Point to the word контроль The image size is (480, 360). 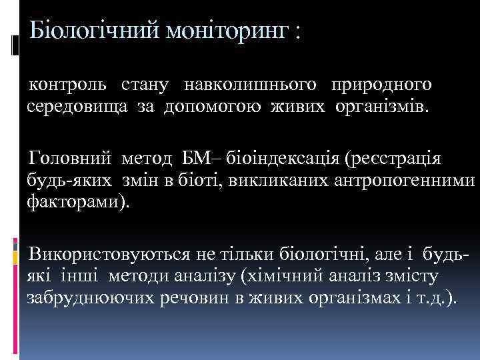[66, 85]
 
